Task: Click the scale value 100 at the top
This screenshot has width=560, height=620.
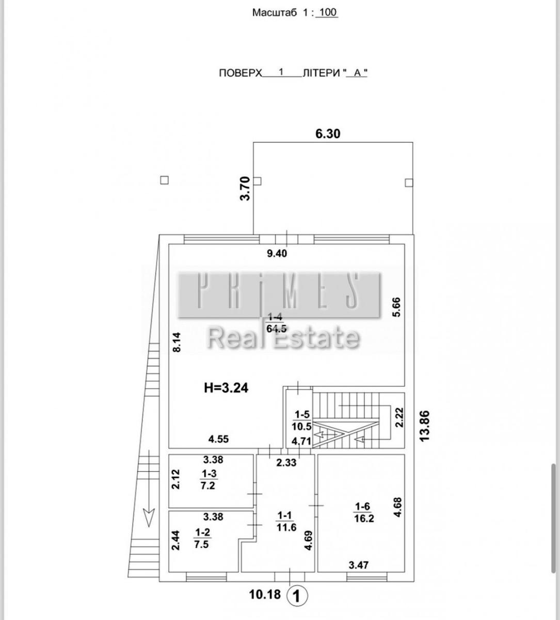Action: click(328, 13)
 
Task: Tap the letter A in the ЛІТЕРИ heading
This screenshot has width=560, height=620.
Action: click(357, 73)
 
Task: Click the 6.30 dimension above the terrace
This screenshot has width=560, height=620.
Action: click(328, 134)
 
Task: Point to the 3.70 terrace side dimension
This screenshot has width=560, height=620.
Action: click(245, 188)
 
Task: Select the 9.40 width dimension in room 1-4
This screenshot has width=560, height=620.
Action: click(277, 254)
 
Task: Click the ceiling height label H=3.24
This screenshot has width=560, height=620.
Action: click(226, 388)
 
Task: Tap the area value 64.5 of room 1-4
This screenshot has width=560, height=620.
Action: click(277, 329)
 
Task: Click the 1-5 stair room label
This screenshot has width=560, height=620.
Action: click(302, 414)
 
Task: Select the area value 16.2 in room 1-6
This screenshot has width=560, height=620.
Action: click(364, 518)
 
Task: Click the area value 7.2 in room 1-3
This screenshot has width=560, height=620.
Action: click(207, 486)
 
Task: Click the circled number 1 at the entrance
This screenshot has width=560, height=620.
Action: click(297, 595)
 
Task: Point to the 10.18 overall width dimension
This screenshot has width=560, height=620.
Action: click(265, 594)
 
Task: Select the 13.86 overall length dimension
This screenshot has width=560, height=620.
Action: click(424, 426)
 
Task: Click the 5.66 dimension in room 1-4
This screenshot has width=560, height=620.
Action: click(396, 307)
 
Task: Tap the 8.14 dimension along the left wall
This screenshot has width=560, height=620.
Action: click(177, 342)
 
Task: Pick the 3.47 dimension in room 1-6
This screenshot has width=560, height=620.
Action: click(358, 566)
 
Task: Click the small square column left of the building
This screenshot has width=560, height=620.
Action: click(164, 180)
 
